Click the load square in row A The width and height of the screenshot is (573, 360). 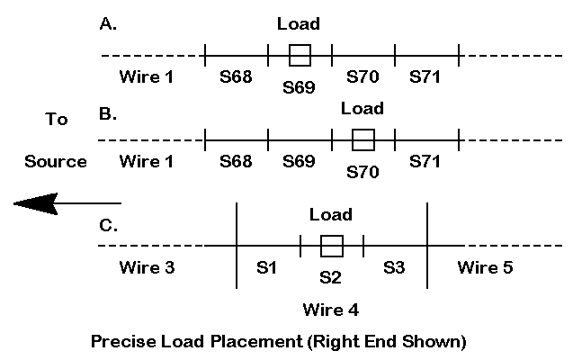[x=300, y=55]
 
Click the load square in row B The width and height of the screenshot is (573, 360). [x=363, y=139]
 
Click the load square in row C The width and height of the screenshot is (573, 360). [x=332, y=246]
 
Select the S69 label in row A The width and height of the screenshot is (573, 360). [x=300, y=86]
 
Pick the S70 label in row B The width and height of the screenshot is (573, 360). [x=363, y=171]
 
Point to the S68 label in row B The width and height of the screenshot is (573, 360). [x=237, y=162]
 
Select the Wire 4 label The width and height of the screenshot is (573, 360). [x=331, y=310]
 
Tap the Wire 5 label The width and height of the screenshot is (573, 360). [x=485, y=267]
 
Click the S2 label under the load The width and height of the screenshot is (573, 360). [x=331, y=277]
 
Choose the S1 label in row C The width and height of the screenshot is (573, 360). [x=268, y=267]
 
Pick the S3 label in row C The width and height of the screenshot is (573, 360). [x=395, y=267]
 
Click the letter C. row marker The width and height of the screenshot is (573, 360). [x=108, y=225]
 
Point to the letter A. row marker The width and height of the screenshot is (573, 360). [x=107, y=24]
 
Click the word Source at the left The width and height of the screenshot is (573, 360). [x=56, y=162]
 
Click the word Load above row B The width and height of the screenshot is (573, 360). [x=363, y=109]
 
